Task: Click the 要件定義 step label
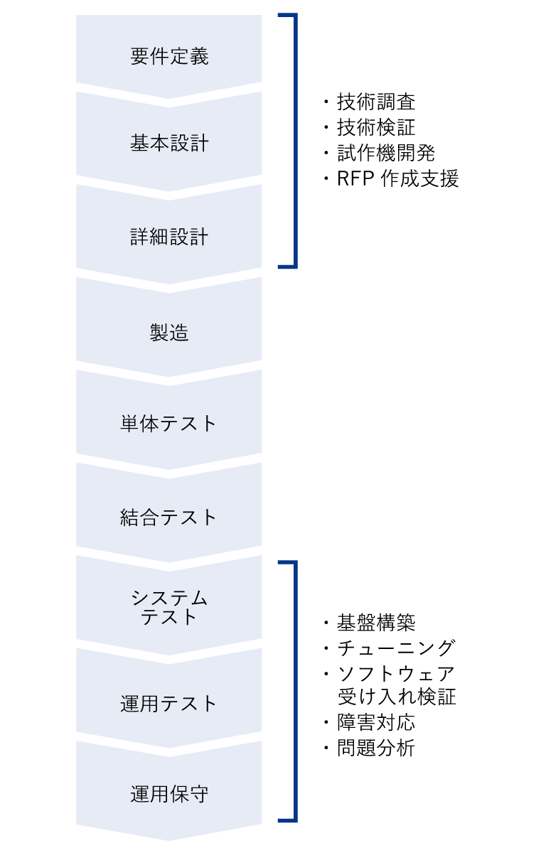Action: tap(169, 57)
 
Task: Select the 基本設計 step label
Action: tap(169, 143)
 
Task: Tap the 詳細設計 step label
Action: tap(169, 237)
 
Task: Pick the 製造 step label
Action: tap(169, 332)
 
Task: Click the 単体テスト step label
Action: tap(169, 424)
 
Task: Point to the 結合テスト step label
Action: tap(169, 517)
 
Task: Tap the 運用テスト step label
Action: tap(169, 704)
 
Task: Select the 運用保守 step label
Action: tap(169, 794)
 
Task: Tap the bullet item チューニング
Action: tap(396, 648)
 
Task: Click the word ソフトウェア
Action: tap(396, 673)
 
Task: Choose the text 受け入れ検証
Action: tap(396, 696)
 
